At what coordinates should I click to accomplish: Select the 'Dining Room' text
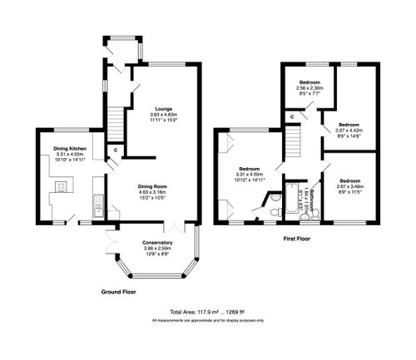click(154, 188)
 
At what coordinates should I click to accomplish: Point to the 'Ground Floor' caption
click(118, 293)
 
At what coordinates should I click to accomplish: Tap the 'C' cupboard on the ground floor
click(115, 150)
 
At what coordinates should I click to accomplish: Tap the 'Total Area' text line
click(207, 313)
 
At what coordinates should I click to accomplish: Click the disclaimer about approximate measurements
click(207, 321)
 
